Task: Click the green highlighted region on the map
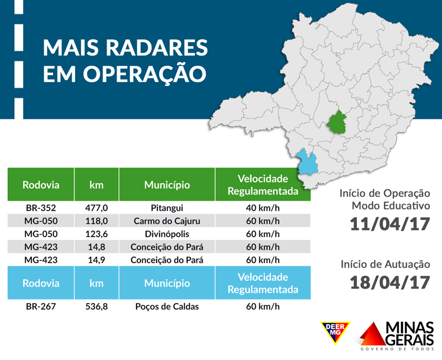coord(336,122)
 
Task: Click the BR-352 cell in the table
coord(41,208)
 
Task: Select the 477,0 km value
coord(97,208)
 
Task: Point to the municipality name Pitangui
coord(167,208)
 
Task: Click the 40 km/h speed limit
coord(262,208)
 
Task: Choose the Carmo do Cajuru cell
coord(167,221)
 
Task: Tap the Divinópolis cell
coord(167,234)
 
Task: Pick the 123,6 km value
coord(97,234)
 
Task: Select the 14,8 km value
coord(97,247)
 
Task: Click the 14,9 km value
coord(97,259)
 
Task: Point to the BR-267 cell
coord(41,306)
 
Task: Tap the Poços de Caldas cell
coord(167,306)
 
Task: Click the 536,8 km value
coord(97,306)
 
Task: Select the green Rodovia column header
coord(41,185)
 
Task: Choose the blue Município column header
coord(167,283)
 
